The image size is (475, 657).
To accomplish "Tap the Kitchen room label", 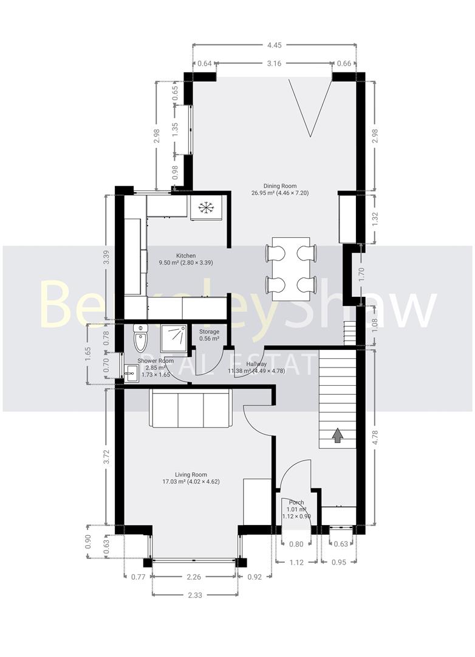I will pos(186,255).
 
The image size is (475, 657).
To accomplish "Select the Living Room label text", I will pos(191,474).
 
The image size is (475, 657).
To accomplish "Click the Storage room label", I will pos(209,332).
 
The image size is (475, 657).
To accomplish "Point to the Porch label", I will pos(296,502).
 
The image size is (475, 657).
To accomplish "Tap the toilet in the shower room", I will pos(140,338).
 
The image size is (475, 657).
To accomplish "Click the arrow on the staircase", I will pos(337,436).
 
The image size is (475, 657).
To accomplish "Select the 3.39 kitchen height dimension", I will pos(107,257).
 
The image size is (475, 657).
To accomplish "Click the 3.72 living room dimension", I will pos(107,457).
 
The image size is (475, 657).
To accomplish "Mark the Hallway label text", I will pos(255,364).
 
